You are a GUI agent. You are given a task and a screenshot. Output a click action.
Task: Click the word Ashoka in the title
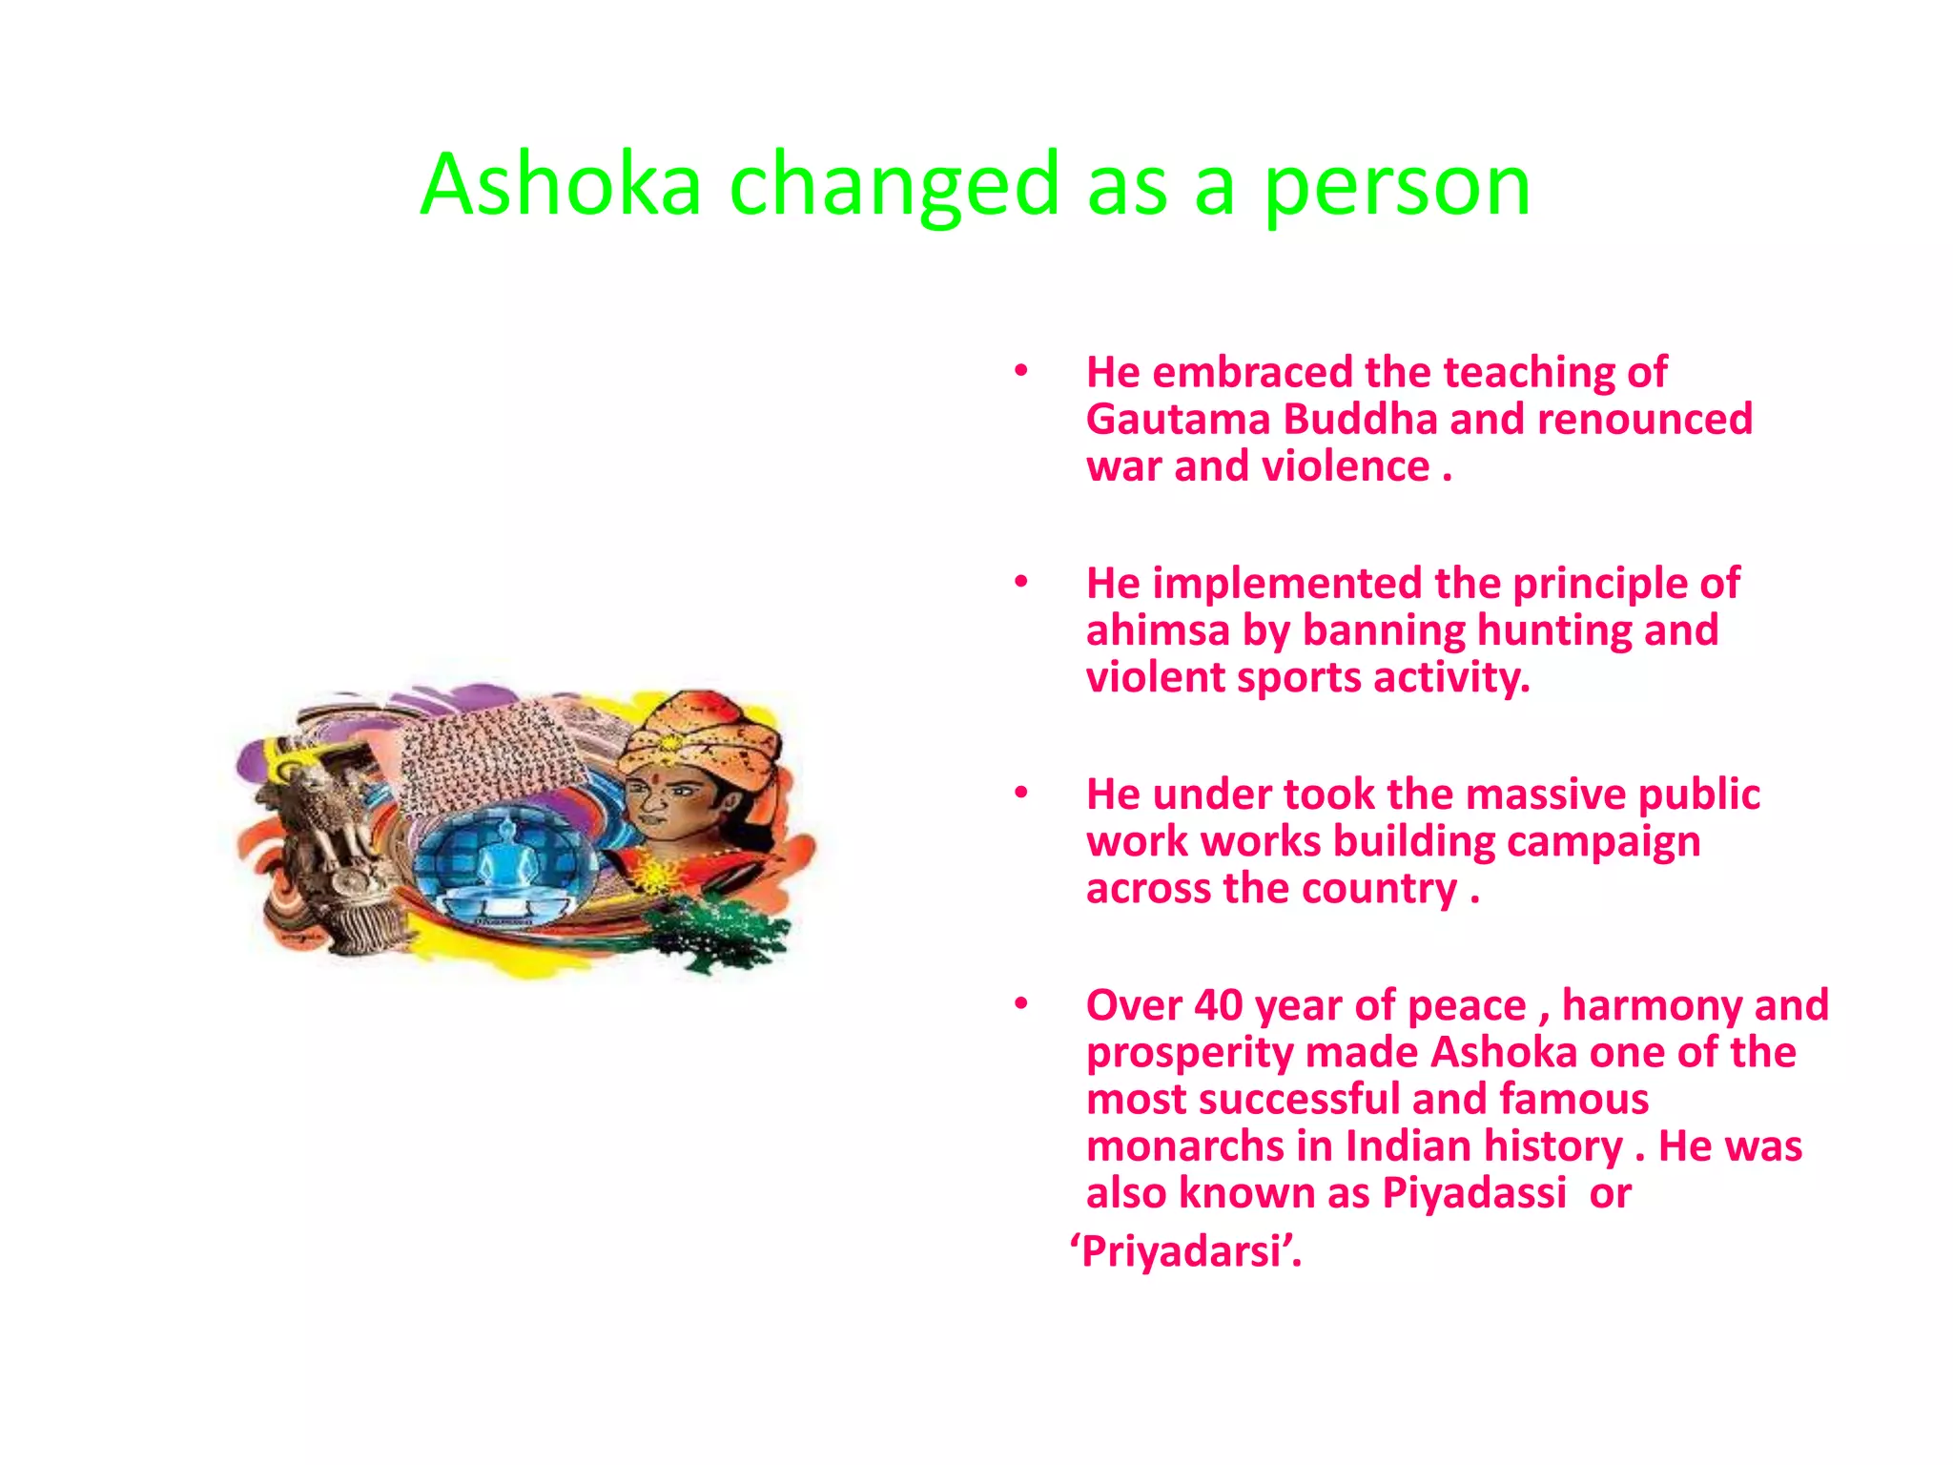click(561, 184)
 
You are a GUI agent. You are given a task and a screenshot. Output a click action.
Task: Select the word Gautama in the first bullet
click(1178, 420)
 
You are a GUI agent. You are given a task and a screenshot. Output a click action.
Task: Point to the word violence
click(1345, 466)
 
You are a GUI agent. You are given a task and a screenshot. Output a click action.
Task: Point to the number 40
click(1218, 1005)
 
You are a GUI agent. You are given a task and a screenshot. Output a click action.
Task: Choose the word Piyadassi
click(1473, 1193)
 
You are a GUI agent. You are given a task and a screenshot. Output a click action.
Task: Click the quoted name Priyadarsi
click(1185, 1251)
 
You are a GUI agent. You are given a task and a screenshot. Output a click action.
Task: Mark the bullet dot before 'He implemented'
click(1020, 582)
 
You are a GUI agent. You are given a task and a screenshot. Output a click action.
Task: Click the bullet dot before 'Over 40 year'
click(1020, 1004)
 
